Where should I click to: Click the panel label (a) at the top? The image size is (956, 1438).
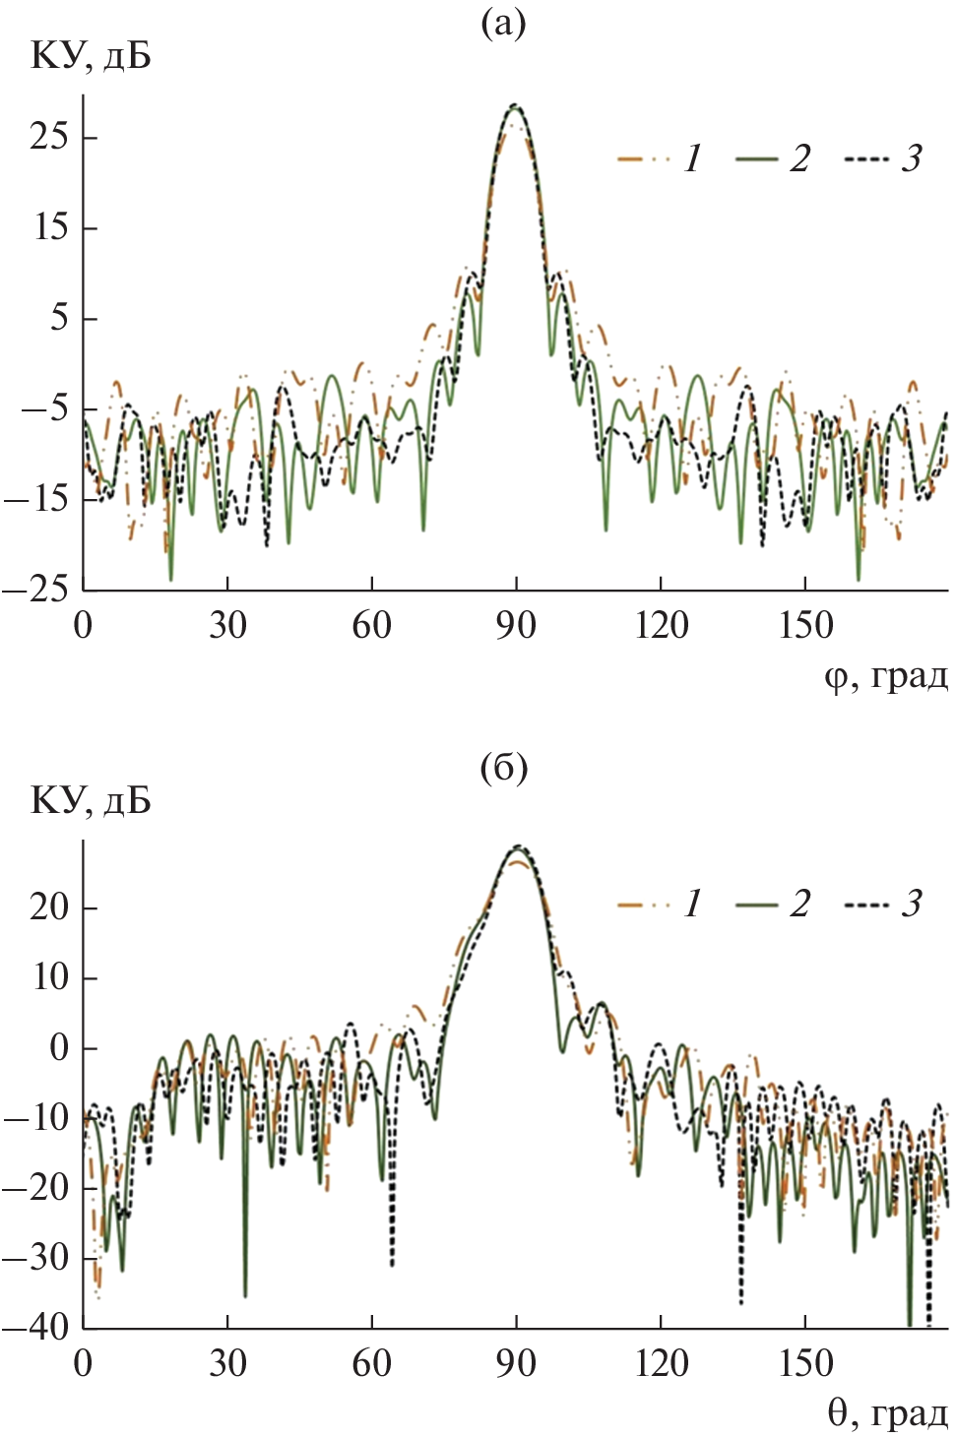click(x=503, y=22)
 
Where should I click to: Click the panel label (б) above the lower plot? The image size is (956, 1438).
click(x=503, y=766)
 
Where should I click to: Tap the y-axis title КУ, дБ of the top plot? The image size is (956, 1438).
click(x=91, y=57)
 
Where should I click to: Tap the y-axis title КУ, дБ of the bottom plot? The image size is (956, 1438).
click(x=91, y=801)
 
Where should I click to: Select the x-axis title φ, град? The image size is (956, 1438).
click(x=885, y=676)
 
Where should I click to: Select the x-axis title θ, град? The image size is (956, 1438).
click(x=887, y=1413)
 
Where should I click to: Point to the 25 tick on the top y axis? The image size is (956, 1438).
click(x=49, y=136)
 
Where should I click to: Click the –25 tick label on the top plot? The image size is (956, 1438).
click(x=36, y=590)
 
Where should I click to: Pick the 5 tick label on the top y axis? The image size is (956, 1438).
click(x=60, y=318)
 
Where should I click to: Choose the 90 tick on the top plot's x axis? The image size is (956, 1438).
click(x=516, y=625)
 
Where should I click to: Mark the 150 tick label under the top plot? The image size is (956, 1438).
click(x=805, y=625)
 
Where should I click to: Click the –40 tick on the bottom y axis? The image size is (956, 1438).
click(x=36, y=1327)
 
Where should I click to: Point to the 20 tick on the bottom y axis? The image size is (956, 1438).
click(x=49, y=907)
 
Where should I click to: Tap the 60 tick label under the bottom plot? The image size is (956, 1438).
click(x=371, y=1363)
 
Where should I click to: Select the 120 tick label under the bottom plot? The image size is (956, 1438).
click(x=661, y=1363)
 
